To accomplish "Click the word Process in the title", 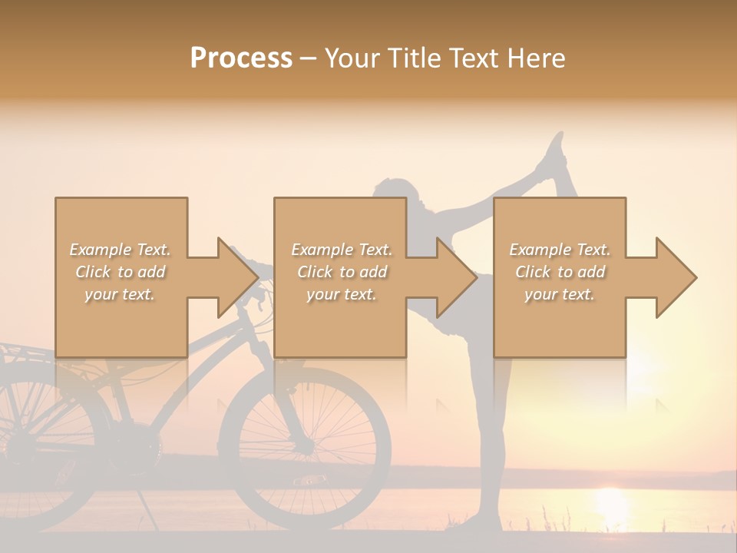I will click(x=241, y=58).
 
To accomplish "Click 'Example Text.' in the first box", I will click(x=120, y=250).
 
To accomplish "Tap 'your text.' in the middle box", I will click(x=341, y=294).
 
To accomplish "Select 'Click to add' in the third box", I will click(x=560, y=272).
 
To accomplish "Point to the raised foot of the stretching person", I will click(x=554, y=150).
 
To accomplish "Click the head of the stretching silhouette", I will click(x=392, y=193).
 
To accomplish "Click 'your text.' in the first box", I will click(x=120, y=294).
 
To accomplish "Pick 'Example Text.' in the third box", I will click(x=560, y=250).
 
